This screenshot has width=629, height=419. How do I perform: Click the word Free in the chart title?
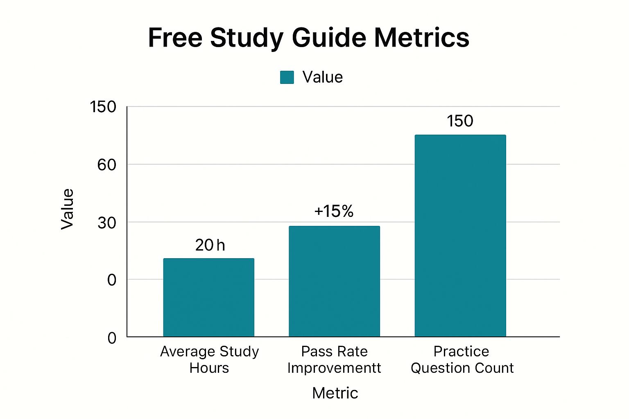175,38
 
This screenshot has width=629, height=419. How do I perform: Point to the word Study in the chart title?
247,38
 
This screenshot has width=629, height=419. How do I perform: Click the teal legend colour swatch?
287,77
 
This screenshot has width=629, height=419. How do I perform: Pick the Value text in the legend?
322,77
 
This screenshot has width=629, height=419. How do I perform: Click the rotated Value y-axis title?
67,209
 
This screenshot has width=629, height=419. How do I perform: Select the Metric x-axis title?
335,393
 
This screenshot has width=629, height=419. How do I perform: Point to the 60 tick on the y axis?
106,165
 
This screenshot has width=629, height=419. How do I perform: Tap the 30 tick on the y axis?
106,223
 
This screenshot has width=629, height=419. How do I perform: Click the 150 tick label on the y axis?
103,107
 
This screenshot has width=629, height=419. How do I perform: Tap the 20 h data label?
210,246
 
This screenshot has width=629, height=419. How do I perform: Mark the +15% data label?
334,212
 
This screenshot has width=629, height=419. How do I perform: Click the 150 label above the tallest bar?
460,121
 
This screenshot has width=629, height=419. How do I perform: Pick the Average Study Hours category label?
209,360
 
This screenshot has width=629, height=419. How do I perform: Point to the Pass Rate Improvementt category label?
334,360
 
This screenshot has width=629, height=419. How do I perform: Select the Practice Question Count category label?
462,360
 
